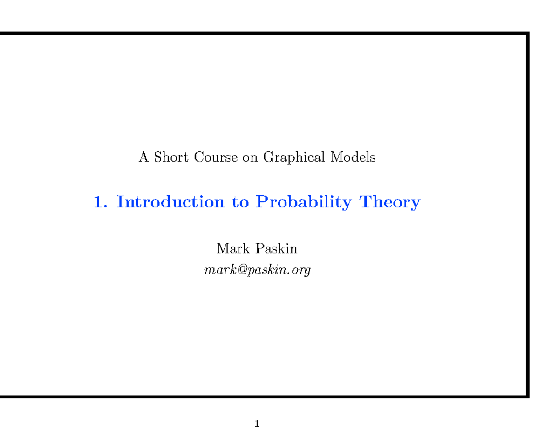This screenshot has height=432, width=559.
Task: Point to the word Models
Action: (353, 158)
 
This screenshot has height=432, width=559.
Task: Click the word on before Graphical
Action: (252, 158)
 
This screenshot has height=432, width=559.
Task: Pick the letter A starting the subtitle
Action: (143, 158)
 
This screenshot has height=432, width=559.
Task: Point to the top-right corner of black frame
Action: (528, 34)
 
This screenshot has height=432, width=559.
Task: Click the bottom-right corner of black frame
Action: (528, 397)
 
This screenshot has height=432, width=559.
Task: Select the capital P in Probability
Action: (261, 202)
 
